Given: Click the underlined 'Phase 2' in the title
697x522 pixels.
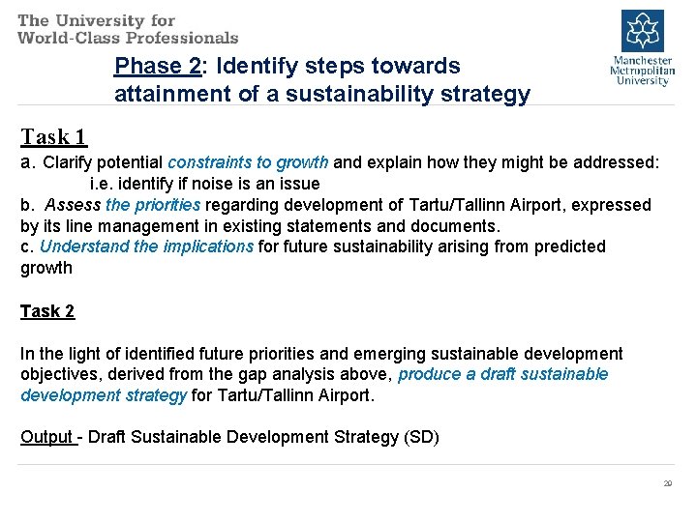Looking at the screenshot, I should pyautogui.click(x=155, y=67).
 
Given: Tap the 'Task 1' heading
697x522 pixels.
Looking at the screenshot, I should pyautogui.click(x=53, y=136).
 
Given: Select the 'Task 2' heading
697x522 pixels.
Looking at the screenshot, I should pyautogui.click(x=47, y=310).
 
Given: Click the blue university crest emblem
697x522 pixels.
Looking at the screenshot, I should pyautogui.click(x=640, y=31).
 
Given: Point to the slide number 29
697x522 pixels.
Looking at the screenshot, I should pyautogui.click(x=667, y=483).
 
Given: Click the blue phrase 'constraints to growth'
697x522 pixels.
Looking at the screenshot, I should pyautogui.click(x=248, y=161).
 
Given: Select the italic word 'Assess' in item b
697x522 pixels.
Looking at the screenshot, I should pyautogui.click(x=73, y=205).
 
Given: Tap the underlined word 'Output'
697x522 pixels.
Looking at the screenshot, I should pyautogui.click(x=46, y=437).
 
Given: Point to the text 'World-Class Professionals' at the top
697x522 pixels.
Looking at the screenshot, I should pyautogui.click(x=128, y=38).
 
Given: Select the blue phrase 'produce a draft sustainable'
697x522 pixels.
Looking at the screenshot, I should pyautogui.click(x=502, y=374).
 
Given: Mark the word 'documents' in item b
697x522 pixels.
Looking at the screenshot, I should pyautogui.click(x=459, y=226).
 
